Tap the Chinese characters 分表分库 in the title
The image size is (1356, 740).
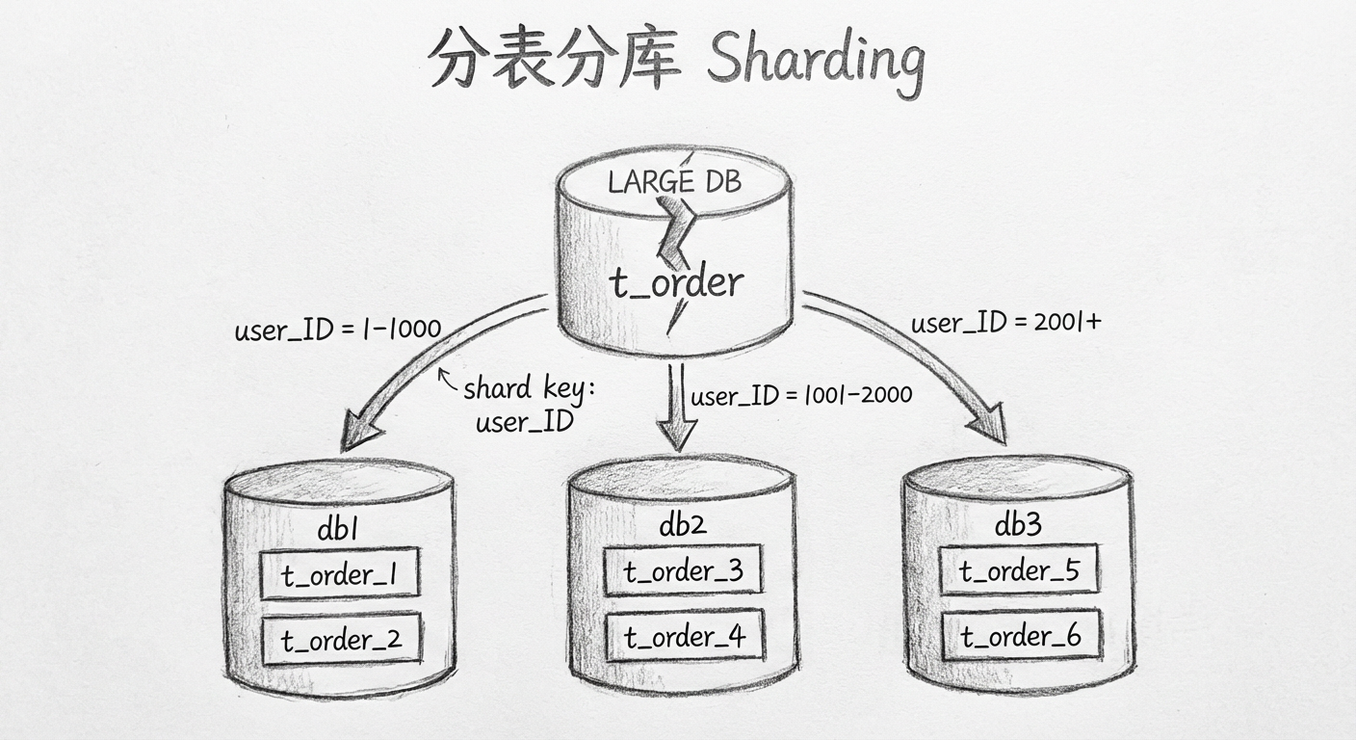(x=556, y=60)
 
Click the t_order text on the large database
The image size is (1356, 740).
(x=676, y=281)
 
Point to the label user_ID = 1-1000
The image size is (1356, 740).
(x=337, y=330)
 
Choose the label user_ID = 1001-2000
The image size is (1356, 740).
(x=801, y=395)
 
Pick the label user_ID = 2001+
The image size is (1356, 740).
(x=1005, y=323)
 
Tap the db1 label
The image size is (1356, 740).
(x=339, y=531)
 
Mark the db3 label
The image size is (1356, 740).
(x=1018, y=525)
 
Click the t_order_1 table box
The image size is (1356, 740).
(x=340, y=575)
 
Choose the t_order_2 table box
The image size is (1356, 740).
(x=341, y=639)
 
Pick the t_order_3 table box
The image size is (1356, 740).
(x=683, y=570)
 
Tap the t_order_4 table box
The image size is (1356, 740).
(x=683, y=636)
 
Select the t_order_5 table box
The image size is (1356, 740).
(x=1019, y=570)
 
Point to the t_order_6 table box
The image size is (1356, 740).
(x=1020, y=636)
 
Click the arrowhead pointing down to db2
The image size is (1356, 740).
(x=677, y=435)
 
